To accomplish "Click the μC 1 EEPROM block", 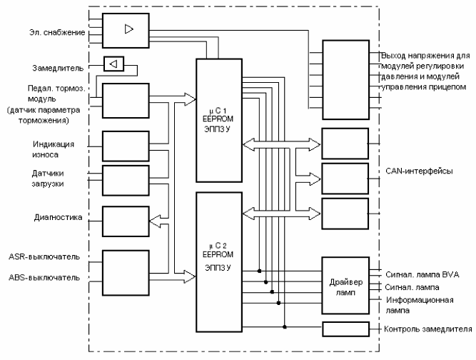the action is [x=219, y=120].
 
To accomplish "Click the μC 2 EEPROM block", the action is [x=219, y=262].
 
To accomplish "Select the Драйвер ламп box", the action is [x=345, y=286].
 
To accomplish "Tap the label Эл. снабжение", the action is [x=57, y=32].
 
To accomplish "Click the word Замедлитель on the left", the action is [x=58, y=68].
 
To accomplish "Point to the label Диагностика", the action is [x=58, y=217].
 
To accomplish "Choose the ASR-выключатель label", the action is [x=44, y=256].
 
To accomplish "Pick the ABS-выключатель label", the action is [x=44, y=277].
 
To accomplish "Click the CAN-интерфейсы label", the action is [x=419, y=171].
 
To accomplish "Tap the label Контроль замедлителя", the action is [x=427, y=329].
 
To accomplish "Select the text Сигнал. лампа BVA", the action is [x=422, y=274].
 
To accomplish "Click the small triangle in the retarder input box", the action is [x=113, y=64].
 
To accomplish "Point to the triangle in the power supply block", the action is [x=129, y=29].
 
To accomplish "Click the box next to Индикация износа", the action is [x=126, y=146].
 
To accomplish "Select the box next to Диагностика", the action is [x=126, y=221].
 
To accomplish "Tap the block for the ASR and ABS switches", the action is [x=126, y=273].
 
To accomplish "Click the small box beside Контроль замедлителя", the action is [x=346, y=329].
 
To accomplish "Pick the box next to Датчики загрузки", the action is [x=126, y=181].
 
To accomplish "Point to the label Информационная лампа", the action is [x=420, y=305].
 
